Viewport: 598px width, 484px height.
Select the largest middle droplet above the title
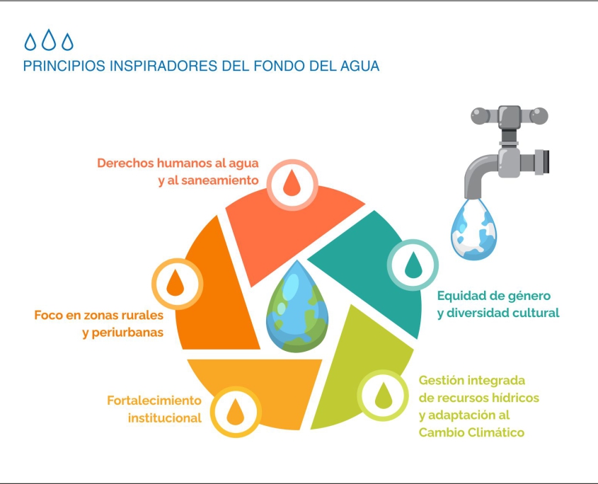click(49, 40)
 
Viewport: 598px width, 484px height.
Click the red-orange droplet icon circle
click(292, 184)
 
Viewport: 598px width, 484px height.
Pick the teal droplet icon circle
click(413, 265)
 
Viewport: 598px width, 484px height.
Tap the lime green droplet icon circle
click(383, 396)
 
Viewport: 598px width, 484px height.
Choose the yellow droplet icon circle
click(236, 412)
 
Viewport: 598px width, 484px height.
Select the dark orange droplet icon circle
click(177, 284)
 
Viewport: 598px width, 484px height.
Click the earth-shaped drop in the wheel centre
click(297, 306)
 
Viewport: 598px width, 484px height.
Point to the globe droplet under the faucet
click(473, 229)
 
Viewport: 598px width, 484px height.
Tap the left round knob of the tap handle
click(480, 116)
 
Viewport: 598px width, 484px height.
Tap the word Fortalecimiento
click(154, 401)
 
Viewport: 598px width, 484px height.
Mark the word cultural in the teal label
click(536, 313)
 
